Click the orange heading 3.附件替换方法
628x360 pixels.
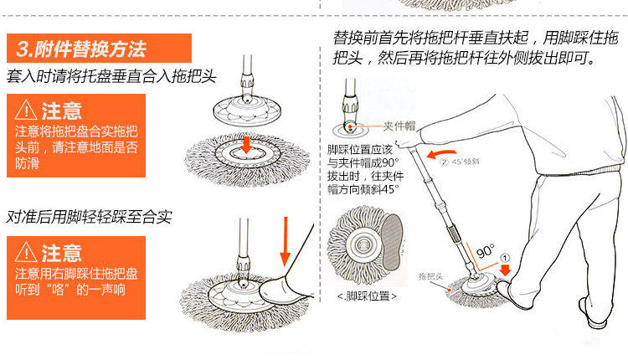point(99,47)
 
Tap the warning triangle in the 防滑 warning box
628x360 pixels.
point(27,110)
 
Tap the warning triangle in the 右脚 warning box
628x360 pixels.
point(27,251)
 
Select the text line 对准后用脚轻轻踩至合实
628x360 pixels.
point(90,217)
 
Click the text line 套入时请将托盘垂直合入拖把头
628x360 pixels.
point(111,76)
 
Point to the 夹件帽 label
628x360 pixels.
point(399,126)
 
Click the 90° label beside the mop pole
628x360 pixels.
point(486,251)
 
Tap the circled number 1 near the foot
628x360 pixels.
point(504,259)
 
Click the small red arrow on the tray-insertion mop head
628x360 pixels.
point(245,146)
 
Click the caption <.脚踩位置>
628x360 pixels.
point(368,296)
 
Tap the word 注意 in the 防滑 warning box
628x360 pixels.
point(61,110)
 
